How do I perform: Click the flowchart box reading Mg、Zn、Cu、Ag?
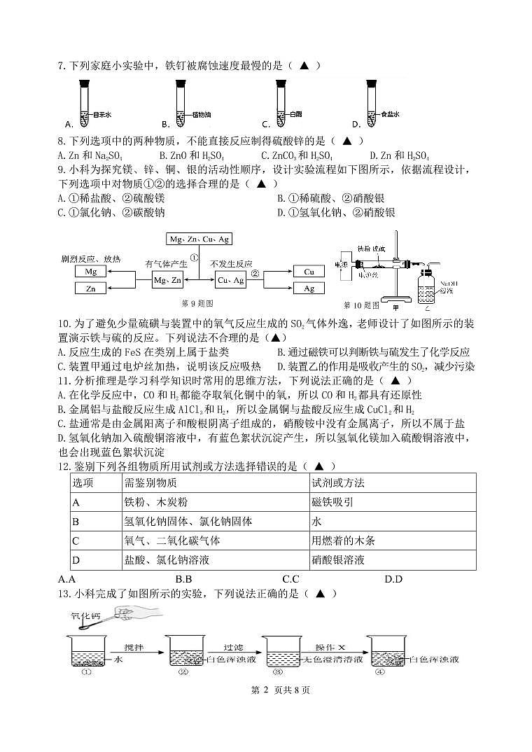point(199,239)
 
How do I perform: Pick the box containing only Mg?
point(91,271)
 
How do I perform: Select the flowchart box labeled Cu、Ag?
point(230,280)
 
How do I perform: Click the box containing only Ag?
point(309,288)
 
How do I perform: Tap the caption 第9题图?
point(197,303)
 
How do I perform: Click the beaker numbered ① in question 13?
point(87,651)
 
